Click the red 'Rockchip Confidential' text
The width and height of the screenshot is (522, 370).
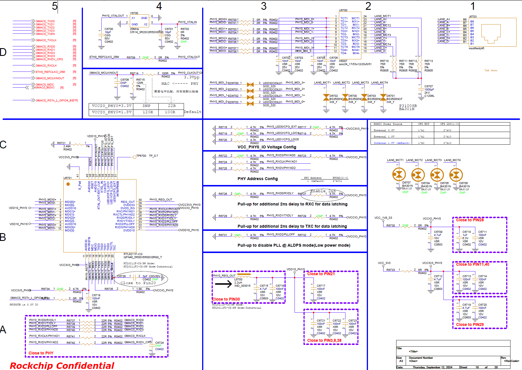[62, 365]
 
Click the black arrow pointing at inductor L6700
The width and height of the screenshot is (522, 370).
[223, 284]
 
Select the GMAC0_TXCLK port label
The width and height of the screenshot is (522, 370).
[46, 40]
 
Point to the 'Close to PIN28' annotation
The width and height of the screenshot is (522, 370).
[470, 220]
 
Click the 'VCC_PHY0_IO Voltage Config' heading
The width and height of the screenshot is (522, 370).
[267, 147]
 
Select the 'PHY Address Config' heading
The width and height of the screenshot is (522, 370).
[257, 179]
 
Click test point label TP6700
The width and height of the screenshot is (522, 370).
[141, 156]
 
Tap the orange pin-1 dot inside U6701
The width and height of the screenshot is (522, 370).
[68, 184]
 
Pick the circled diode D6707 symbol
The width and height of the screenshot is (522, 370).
[399, 174]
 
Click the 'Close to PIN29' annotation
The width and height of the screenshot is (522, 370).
[470, 324]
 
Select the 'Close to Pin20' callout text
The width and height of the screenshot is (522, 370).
[138, 283]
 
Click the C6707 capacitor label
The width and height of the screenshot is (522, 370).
[428, 86]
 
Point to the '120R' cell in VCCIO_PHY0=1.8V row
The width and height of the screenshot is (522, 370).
[148, 112]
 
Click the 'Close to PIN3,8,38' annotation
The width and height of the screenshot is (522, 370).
[324, 340]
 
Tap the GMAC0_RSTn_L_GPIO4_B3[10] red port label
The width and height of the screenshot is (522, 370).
[56, 100]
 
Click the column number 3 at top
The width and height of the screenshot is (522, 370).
[263, 6]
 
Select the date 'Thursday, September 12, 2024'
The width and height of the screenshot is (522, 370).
[432, 367]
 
